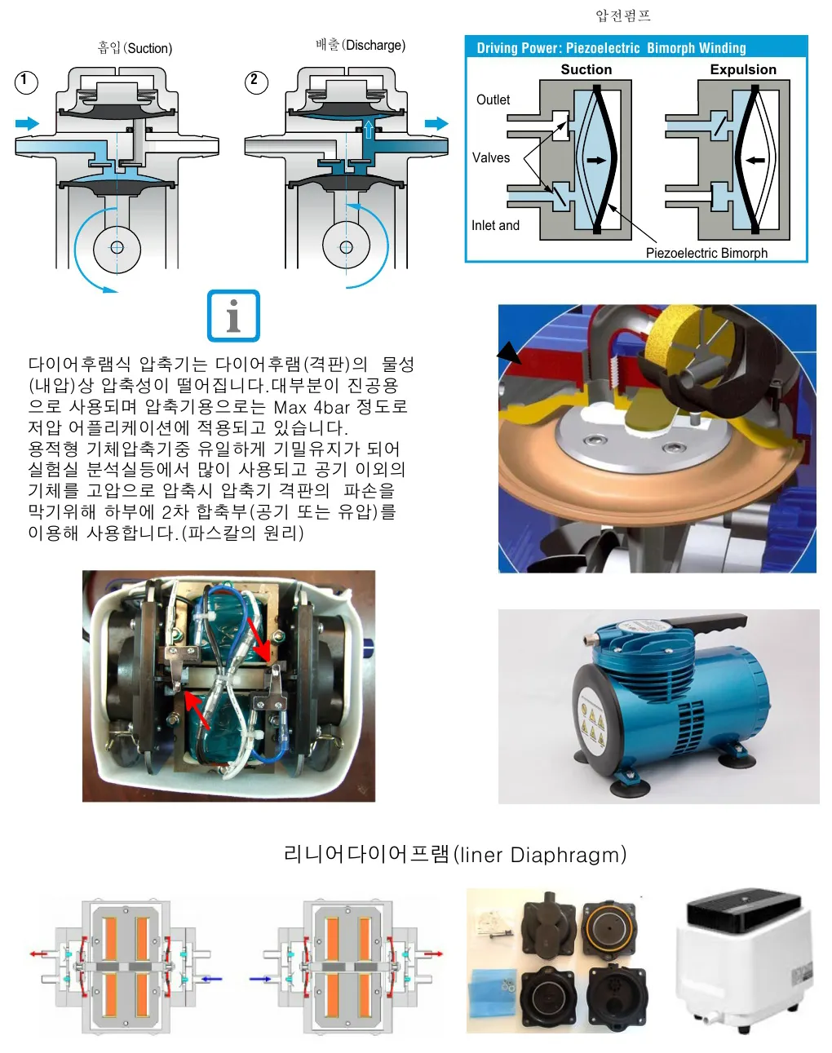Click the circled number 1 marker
[26, 82]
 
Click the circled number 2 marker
[256, 82]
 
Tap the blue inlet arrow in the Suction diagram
[28, 123]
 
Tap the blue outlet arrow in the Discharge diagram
[436, 123]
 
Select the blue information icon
[233, 316]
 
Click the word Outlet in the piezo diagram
[493, 100]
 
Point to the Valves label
[491, 157]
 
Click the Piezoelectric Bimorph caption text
[706, 253]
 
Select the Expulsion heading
[743, 69]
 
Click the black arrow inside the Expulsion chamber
[755, 160]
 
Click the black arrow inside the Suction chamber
[596, 160]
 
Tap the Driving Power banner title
[611, 48]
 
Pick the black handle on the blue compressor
[705, 626]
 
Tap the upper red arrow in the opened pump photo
[258, 639]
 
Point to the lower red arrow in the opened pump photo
[197, 710]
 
